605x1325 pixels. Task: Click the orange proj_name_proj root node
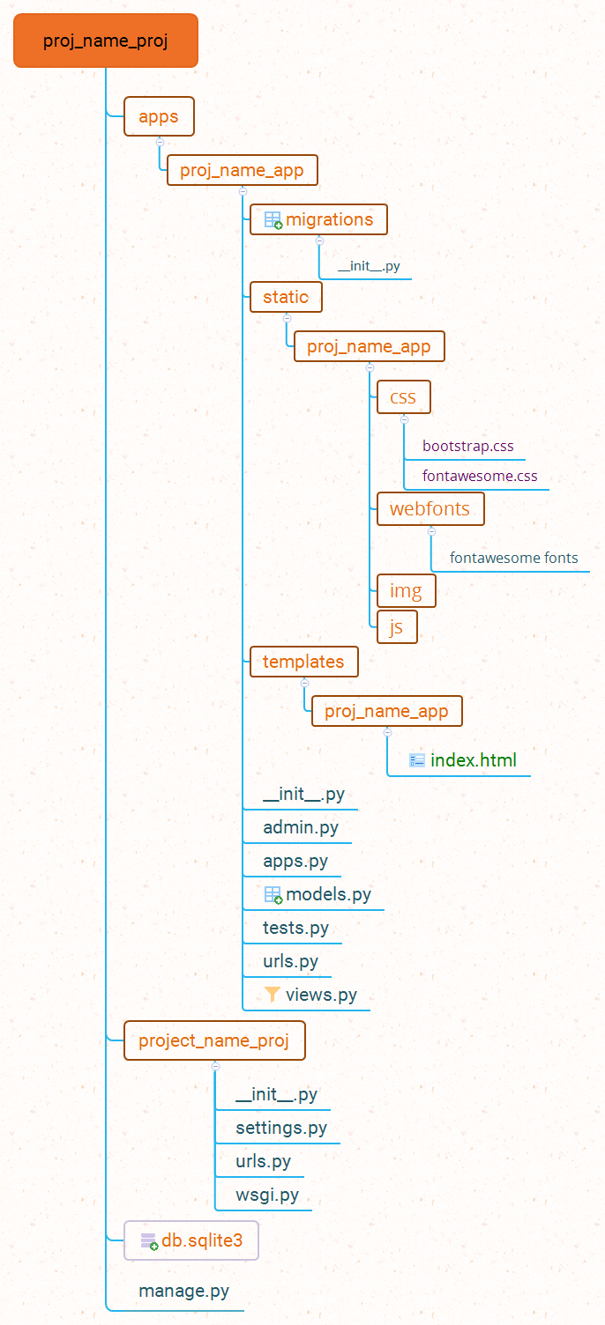(x=106, y=41)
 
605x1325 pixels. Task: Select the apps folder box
(x=159, y=116)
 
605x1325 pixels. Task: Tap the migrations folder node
(x=318, y=219)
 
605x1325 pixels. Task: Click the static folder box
(x=286, y=297)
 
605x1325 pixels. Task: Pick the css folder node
(x=403, y=397)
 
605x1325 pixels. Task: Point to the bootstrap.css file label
(x=467, y=446)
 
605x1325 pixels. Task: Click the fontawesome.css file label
(x=480, y=477)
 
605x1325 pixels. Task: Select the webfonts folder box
(x=430, y=508)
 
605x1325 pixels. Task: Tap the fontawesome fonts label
(x=513, y=558)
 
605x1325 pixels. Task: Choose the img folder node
(x=406, y=590)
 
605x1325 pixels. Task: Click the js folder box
(x=396, y=626)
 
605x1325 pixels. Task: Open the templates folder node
(x=303, y=662)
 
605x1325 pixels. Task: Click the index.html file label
(x=473, y=760)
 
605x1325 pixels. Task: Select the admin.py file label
(x=301, y=827)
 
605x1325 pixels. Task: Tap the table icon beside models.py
(x=273, y=894)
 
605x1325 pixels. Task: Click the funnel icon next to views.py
(x=273, y=995)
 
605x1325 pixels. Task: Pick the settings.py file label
(x=281, y=1128)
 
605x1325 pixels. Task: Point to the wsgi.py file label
(x=267, y=1195)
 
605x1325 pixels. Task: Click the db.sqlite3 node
(x=191, y=1240)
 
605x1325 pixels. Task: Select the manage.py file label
(x=183, y=1292)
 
